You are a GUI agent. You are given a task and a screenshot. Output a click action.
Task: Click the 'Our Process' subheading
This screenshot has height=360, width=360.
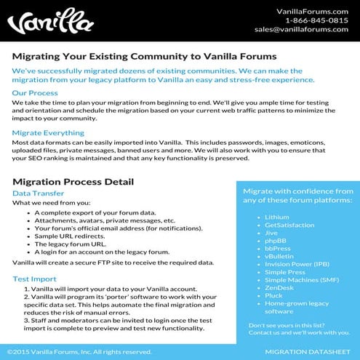[x=35, y=93]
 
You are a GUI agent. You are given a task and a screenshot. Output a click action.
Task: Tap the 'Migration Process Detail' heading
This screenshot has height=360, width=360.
[x=73, y=181]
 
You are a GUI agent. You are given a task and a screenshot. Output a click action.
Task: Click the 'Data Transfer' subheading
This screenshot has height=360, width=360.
[x=39, y=193]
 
